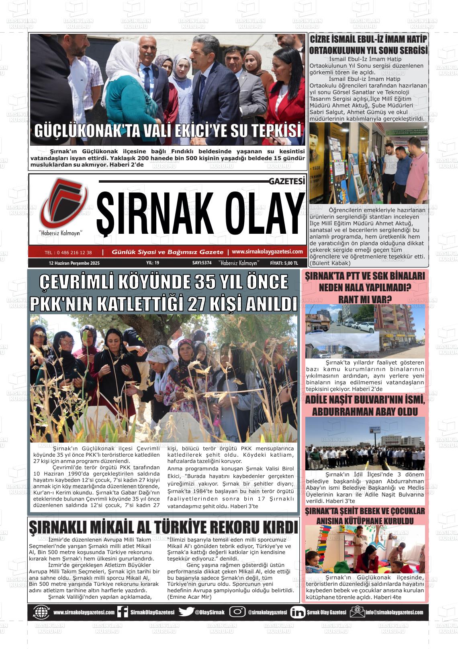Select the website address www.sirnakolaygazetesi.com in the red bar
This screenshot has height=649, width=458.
[x=267, y=251]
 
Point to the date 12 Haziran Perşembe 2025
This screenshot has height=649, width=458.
[x=74, y=263]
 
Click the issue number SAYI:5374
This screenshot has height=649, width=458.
[x=202, y=263]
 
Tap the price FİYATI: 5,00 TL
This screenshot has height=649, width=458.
[x=284, y=263]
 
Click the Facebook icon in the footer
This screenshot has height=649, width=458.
[x=123, y=612]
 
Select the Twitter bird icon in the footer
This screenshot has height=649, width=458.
[x=186, y=612]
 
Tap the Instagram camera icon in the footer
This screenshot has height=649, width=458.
[x=237, y=612]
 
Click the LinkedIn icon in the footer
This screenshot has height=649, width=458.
[x=298, y=612]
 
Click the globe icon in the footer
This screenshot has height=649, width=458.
[x=41, y=612]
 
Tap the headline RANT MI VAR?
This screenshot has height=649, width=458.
[x=365, y=299]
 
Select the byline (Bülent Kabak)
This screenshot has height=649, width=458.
[x=330, y=263]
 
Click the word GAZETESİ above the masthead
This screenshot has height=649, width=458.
[x=287, y=181]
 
